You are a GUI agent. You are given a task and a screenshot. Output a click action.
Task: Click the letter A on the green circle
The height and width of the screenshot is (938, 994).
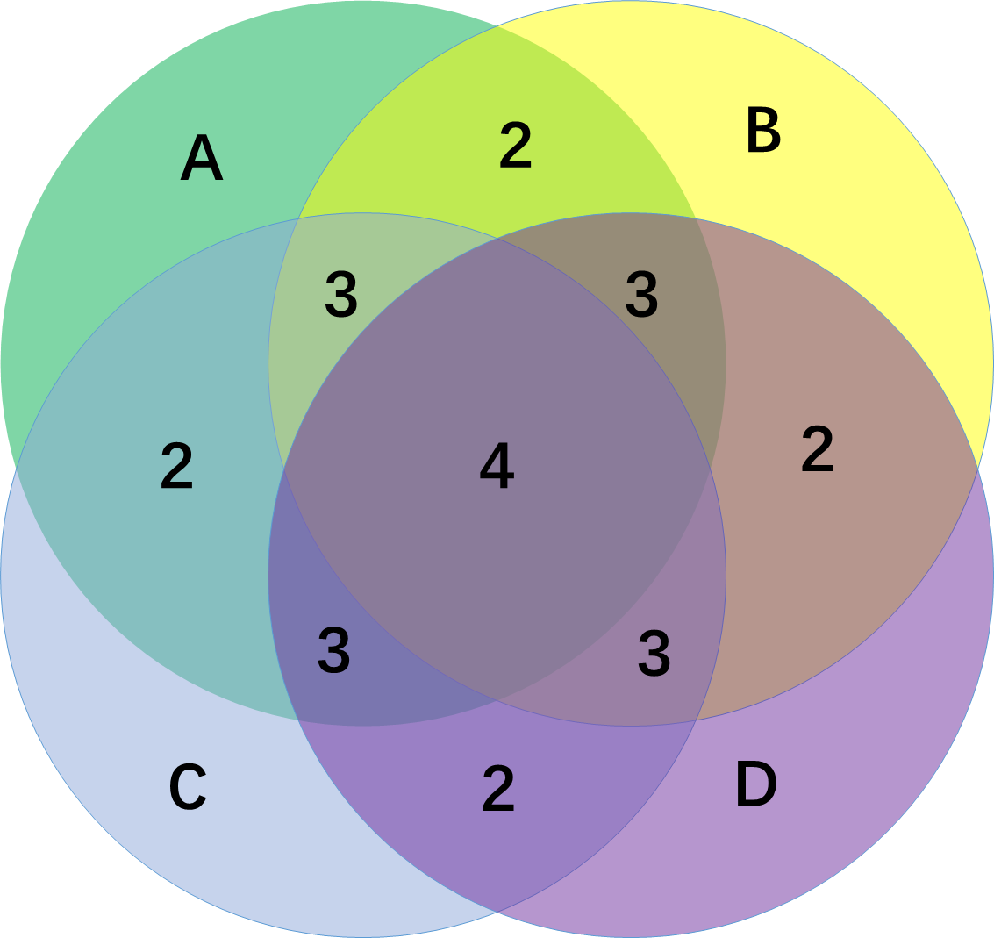(202, 160)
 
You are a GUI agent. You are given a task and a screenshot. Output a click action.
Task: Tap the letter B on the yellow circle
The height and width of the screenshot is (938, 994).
(763, 131)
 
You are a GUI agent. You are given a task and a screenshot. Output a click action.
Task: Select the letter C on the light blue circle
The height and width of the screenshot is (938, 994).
(188, 787)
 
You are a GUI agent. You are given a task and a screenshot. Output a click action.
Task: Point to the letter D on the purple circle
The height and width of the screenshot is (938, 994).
(755, 785)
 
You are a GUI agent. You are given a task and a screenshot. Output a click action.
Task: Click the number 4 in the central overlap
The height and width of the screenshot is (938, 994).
(497, 466)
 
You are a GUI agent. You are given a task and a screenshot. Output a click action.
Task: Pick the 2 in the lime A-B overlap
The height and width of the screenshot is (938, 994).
(515, 146)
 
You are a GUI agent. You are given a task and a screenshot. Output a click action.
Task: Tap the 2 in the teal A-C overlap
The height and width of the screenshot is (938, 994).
(176, 467)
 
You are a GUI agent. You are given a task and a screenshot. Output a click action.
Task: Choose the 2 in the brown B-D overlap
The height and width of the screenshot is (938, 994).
(817, 449)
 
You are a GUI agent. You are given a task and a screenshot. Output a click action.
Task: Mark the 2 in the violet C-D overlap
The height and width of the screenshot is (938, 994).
(498, 789)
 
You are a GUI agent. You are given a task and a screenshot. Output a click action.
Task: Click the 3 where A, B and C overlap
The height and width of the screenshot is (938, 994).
(341, 295)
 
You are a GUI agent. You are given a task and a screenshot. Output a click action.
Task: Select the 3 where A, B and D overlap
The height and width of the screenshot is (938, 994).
(641, 295)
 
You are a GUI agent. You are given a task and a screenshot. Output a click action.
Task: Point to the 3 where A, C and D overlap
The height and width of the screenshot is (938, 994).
(333, 651)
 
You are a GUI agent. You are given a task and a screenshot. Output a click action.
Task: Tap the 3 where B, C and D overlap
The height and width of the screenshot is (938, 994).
(654, 654)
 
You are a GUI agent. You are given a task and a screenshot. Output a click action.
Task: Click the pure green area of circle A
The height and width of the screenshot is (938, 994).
(105, 263)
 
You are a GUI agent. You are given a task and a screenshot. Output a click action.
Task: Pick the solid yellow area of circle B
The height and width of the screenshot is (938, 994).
(877, 219)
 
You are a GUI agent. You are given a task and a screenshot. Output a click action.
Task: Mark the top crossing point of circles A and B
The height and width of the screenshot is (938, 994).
(497, 26)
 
